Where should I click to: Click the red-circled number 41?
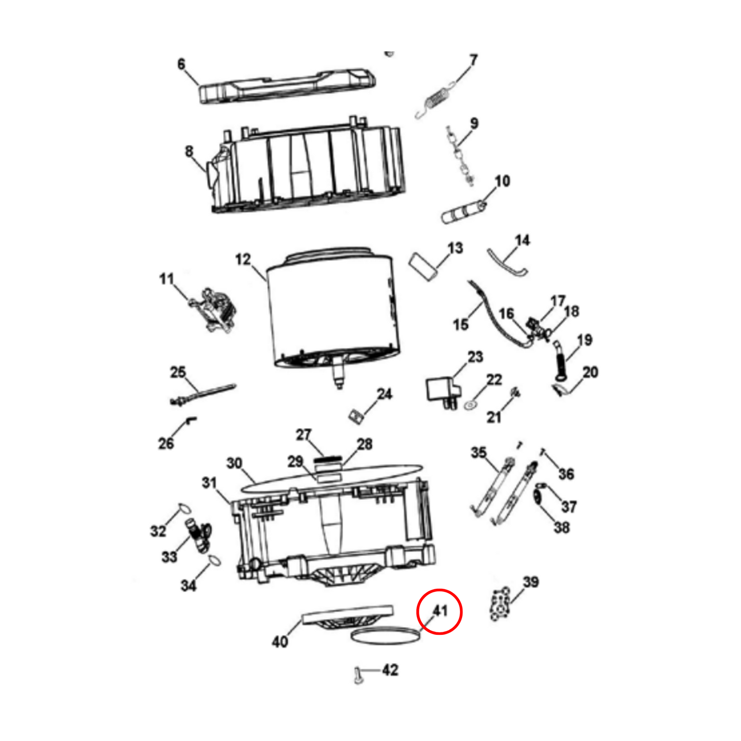[440, 611]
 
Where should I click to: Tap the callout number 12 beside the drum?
[243, 259]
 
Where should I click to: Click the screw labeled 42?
[358, 675]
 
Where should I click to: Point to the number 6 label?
[182, 64]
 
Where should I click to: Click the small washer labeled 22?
[470, 405]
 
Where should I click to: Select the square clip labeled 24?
[354, 416]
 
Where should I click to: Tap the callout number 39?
[530, 582]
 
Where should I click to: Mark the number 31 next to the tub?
[209, 483]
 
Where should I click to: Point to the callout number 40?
[279, 641]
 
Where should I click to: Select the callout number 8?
[189, 151]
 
